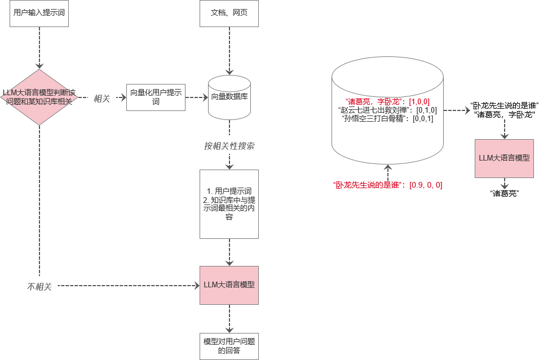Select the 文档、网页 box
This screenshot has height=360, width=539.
(229, 14)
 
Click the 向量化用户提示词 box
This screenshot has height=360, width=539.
(156, 97)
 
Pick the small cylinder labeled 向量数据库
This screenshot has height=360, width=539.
(229, 97)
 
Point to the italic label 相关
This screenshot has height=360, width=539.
(101, 97)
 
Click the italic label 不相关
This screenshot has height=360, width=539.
(39, 287)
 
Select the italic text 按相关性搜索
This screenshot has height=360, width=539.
(229, 146)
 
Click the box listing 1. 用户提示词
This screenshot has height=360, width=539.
(229, 203)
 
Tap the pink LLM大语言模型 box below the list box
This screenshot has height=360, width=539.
(229, 285)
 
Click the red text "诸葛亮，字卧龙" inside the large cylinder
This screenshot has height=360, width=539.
(387, 101)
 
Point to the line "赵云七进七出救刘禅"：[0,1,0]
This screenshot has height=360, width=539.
(387, 110)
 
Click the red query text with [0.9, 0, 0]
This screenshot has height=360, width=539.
(387, 184)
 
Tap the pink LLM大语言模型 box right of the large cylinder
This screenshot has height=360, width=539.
(504, 158)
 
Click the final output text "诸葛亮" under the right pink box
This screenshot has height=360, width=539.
(505, 193)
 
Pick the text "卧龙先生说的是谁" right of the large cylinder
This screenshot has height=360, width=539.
(505, 106)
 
